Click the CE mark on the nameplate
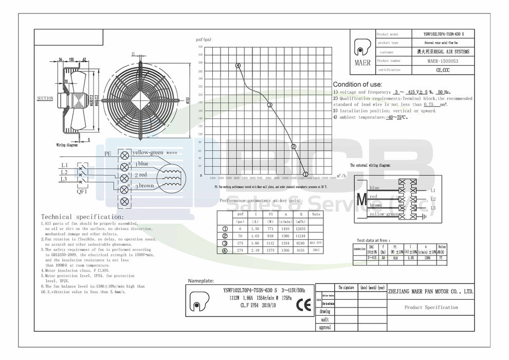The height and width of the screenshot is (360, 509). [300, 303]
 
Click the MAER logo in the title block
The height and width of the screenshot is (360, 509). [362, 51]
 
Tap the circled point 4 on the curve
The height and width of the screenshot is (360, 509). [238, 66]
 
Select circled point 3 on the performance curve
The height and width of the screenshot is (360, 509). [269, 104]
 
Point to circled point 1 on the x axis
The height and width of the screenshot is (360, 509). [306, 174]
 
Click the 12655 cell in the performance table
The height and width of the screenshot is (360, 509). [300, 229]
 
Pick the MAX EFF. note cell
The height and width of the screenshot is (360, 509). [316, 243]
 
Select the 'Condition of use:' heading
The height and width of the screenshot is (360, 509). [357, 84]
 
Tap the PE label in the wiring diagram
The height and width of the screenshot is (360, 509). [107, 153]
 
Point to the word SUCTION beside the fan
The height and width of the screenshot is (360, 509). [45, 98]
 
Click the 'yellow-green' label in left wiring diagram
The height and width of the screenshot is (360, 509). [148, 153]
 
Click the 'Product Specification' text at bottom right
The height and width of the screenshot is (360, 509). [431, 308]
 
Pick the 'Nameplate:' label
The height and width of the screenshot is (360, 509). [202, 282]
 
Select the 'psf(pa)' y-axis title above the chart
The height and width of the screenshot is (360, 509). [204, 40]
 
